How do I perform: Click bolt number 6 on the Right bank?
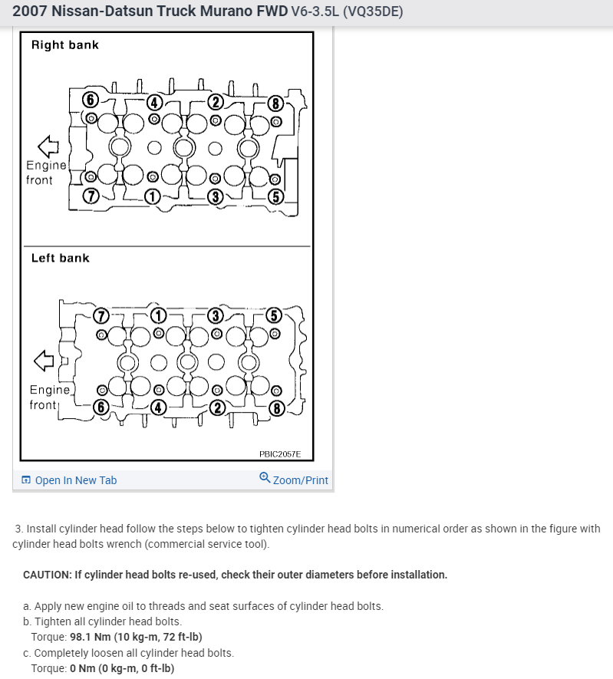90,100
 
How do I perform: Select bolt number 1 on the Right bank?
153,196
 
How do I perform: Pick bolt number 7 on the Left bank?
100,316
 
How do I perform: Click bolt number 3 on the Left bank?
216,315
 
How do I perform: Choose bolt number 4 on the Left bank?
157,407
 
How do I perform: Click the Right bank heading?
65,45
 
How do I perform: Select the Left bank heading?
61,258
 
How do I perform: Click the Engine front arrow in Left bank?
45,359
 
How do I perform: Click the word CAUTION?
47,575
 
